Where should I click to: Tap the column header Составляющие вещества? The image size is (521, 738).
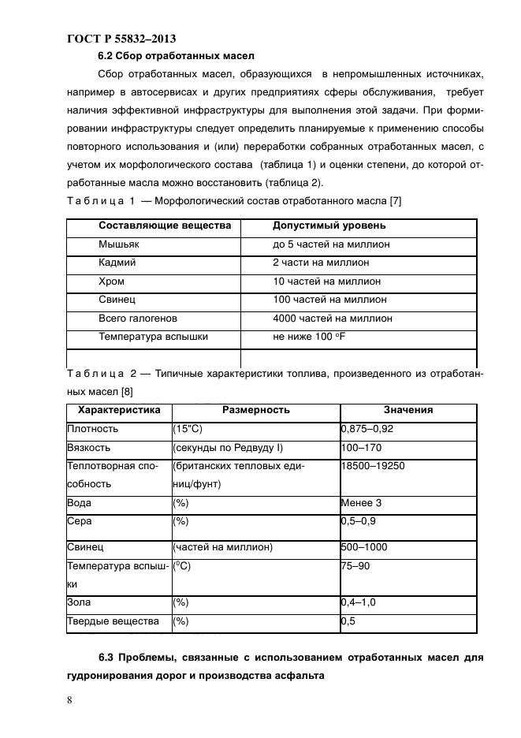(165, 225)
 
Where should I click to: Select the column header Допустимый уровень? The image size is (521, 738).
(329, 225)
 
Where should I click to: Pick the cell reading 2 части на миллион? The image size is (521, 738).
(321, 263)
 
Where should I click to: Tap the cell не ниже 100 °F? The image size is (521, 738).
(311, 337)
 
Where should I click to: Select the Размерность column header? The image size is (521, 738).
(255, 410)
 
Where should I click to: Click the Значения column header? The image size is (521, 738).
(407, 410)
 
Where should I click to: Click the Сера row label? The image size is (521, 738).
(80, 521)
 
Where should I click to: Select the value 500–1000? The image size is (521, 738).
(363, 546)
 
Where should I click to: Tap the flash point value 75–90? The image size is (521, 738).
(355, 565)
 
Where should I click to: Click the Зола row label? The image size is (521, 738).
(79, 602)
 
